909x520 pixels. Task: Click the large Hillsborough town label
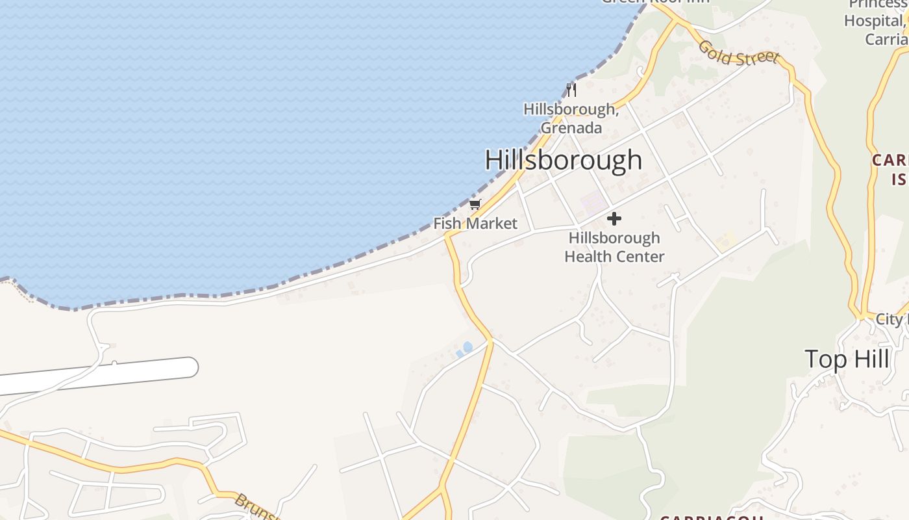(x=564, y=160)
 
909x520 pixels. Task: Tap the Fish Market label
(x=475, y=224)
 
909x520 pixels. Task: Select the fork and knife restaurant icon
(x=571, y=90)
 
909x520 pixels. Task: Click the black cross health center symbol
(x=614, y=218)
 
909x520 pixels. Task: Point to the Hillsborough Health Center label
(x=614, y=247)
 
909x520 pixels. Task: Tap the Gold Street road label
(x=738, y=53)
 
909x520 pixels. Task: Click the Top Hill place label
(x=847, y=359)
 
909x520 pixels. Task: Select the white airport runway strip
(x=97, y=376)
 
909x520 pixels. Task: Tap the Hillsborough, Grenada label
(x=571, y=118)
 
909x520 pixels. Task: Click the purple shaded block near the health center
(x=592, y=203)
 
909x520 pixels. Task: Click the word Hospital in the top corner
(x=873, y=21)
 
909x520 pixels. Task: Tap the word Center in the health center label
(x=640, y=257)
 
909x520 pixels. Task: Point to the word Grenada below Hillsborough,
(x=571, y=128)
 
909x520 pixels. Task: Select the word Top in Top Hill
(x=824, y=359)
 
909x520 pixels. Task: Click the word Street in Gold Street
(x=757, y=58)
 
